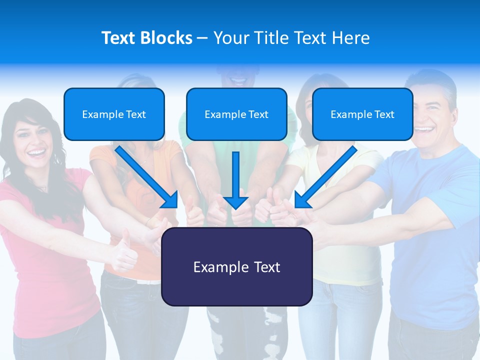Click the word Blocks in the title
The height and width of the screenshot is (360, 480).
(167, 38)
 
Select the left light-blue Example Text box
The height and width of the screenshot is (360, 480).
(114, 114)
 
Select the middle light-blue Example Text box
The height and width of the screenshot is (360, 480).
(236, 114)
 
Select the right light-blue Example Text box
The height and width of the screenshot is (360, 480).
(362, 114)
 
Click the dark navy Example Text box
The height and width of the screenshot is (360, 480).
(236, 267)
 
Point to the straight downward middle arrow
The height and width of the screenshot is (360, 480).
(236, 175)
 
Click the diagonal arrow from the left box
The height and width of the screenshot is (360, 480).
(145, 175)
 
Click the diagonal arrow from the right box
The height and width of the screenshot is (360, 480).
(327, 175)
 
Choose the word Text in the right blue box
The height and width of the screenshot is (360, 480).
(384, 114)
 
